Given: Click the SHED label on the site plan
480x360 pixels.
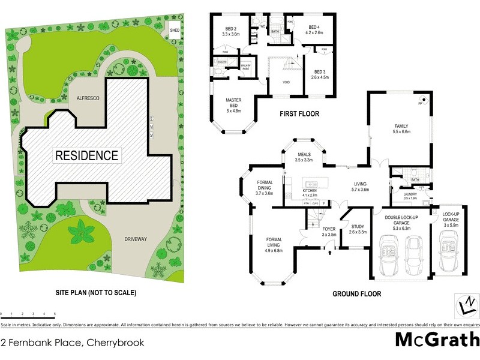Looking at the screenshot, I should coord(175,29).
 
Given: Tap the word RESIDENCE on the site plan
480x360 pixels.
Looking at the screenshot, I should coord(87,155).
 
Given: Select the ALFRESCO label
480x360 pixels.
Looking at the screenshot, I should coord(87,97).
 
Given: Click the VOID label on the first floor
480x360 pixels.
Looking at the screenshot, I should coord(287,83).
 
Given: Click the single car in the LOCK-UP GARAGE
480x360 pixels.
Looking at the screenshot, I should coord(449,253).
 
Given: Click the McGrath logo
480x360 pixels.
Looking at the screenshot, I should coord(437,340).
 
